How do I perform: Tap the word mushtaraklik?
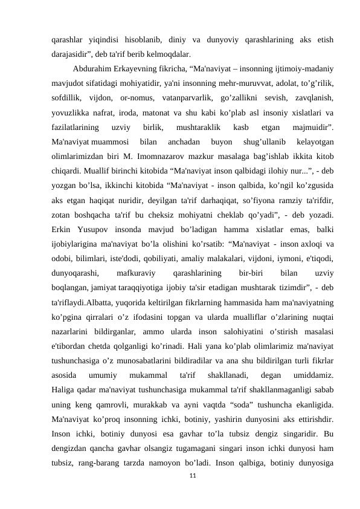click(199, 127)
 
